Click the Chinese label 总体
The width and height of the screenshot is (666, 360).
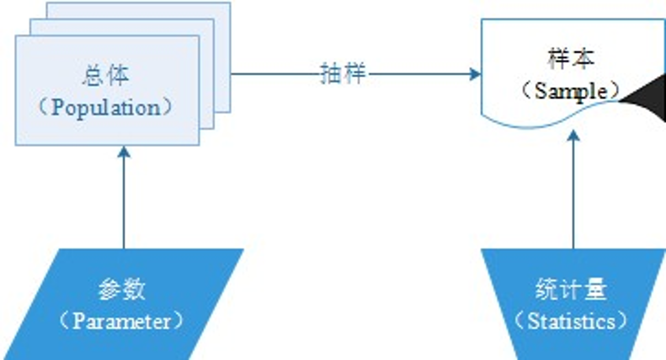tap(106, 76)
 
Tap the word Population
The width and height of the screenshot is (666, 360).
tap(106, 108)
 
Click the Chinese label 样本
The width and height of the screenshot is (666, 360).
tap(571, 59)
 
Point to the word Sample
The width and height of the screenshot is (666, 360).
tap(571, 91)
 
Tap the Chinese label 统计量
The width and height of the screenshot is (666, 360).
tap(571, 289)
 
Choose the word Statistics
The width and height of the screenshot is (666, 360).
tap(571, 321)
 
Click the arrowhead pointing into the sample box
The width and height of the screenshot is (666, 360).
tap(476, 74)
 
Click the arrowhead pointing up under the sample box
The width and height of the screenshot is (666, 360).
tap(573, 136)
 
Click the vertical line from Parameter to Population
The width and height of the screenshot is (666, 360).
tap(124, 202)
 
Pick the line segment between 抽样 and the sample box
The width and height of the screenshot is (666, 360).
tap(421, 74)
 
